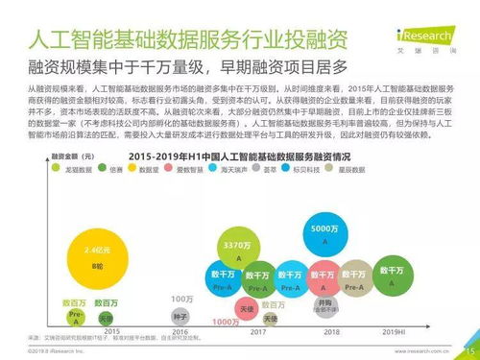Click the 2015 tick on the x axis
click(x=74, y=331)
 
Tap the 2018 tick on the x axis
click(x=331, y=331)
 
